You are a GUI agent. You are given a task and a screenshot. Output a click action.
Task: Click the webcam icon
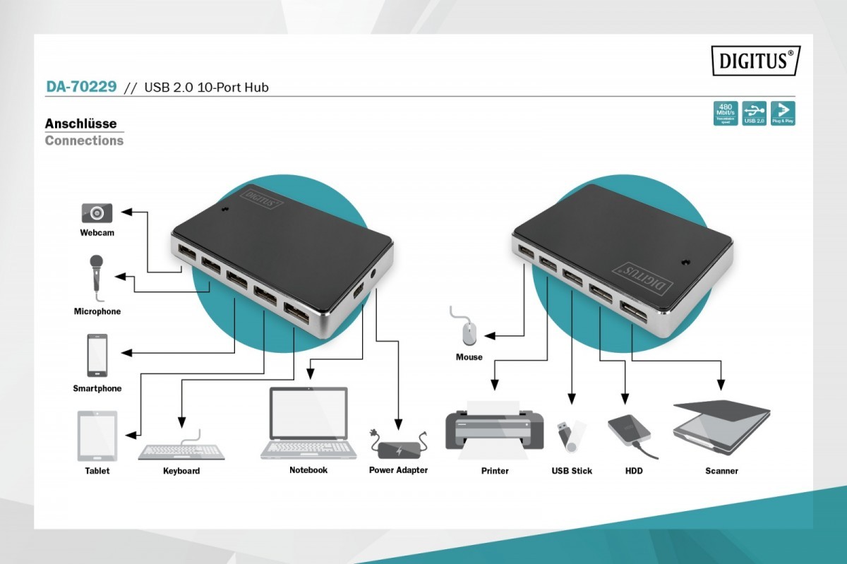point(97,212)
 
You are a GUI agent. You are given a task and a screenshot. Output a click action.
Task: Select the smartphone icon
point(97,355)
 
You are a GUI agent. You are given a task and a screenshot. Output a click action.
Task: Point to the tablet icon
point(97,436)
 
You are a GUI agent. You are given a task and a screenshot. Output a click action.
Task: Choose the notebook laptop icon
point(308,423)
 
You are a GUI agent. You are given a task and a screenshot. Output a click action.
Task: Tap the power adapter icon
point(399,447)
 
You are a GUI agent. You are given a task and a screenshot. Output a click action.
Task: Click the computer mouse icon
point(469,330)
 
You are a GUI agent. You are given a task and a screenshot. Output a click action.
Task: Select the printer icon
point(494,428)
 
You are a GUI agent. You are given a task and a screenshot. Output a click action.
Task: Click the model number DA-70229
point(81,87)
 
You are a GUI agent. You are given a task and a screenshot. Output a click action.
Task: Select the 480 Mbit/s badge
point(726,113)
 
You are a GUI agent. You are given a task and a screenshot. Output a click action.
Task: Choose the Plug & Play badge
point(782,113)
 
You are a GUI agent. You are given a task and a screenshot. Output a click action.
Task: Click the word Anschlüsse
point(80,124)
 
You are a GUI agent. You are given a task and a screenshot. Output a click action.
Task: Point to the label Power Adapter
point(398,470)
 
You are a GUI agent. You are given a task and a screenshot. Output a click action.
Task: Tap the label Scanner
point(721,471)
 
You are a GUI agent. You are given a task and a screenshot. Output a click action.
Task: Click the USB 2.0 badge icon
point(755,113)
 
